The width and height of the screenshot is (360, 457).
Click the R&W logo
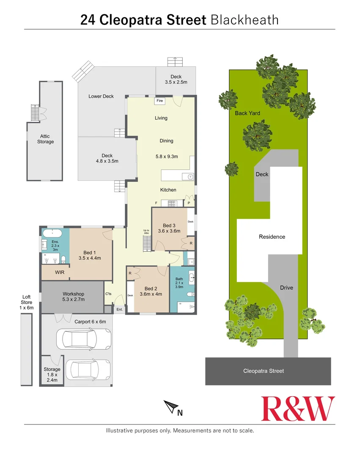[x=298, y=408]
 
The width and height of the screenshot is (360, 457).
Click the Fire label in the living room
[x=160, y=101]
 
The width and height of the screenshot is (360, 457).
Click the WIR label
[x=60, y=272]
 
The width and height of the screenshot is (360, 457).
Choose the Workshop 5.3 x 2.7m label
[x=74, y=297]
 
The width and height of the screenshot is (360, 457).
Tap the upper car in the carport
[x=80, y=338]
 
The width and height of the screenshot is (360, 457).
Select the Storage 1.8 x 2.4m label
[x=52, y=374]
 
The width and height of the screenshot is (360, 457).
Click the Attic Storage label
[x=45, y=139]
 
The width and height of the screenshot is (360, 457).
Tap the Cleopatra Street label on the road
[x=264, y=371]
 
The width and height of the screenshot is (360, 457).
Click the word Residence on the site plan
[x=272, y=237]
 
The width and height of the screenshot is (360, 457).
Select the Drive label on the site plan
[x=286, y=288]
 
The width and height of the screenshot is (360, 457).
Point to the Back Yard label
[x=247, y=113]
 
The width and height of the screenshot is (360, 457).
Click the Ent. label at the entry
[x=120, y=310]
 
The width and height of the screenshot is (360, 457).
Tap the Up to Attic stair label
[x=146, y=231]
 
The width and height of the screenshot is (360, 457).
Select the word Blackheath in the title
[x=244, y=19]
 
